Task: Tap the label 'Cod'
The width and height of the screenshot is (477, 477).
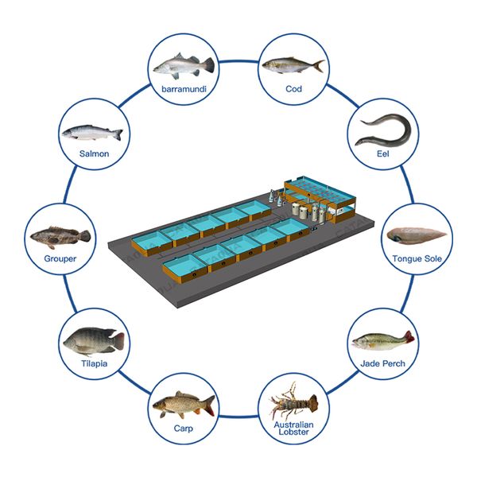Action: pos(293,88)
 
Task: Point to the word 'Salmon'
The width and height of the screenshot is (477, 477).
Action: pos(94,154)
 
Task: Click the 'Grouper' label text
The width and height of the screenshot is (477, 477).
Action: pos(60,258)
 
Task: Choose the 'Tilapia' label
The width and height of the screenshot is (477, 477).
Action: pos(93,363)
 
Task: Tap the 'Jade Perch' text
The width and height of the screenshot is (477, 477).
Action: pos(383,363)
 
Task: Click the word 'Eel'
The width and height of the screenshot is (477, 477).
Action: pos(384,153)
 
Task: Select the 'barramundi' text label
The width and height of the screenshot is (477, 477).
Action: pos(184,88)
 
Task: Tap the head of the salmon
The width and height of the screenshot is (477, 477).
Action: pos(69,130)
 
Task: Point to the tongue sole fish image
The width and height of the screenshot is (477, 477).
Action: pos(417,235)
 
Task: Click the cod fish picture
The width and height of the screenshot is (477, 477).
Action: pos(293,65)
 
